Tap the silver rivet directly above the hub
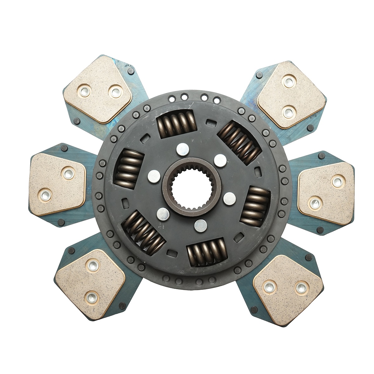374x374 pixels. point(183,149)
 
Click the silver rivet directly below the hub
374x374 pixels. point(200,225)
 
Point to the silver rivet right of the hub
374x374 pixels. point(230,198)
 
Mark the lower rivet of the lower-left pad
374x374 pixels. point(92,297)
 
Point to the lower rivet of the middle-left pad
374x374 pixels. point(44,195)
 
